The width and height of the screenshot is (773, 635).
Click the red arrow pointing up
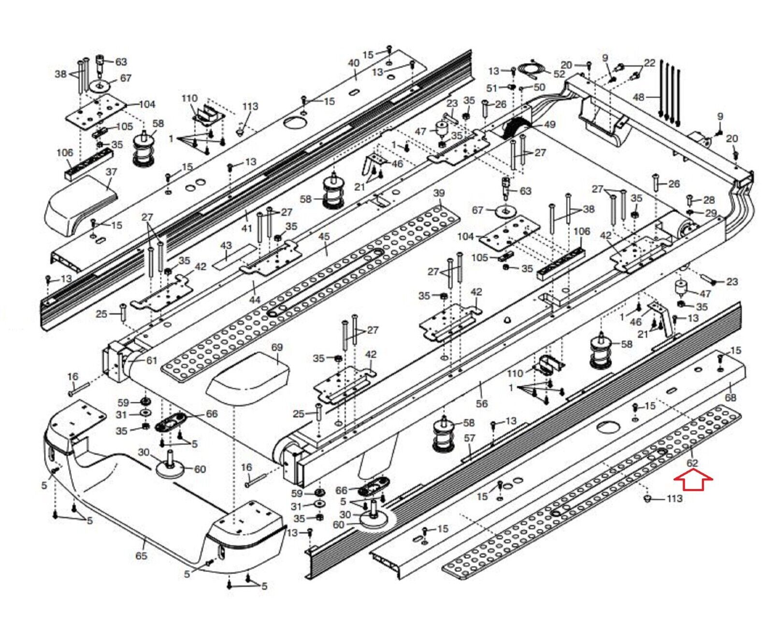tap(693, 481)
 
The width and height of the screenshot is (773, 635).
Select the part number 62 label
tap(692, 463)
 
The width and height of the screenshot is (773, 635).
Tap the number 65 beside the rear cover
tap(141, 556)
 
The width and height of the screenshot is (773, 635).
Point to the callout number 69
tap(277, 347)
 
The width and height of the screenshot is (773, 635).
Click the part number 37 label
tap(112, 172)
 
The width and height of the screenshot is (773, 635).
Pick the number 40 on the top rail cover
tap(354, 63)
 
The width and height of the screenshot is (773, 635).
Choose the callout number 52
tap(559, 74)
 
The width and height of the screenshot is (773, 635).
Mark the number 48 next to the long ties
tap(639, 97)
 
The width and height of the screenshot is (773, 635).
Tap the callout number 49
tap(550, 124)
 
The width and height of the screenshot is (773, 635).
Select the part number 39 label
tap(439, 194)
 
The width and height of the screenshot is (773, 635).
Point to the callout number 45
tap(324, 237)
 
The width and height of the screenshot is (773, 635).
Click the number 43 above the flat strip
tap(226, 246)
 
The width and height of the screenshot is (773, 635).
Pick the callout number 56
tap(482, 403)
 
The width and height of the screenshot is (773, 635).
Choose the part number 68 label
tap(730, 397)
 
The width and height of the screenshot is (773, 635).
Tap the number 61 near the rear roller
tap(152, 360)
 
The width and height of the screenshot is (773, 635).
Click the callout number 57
tap(470, 438)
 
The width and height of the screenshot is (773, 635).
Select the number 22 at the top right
tap(650, 62)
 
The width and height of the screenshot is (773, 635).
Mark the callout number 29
tap(711, 213)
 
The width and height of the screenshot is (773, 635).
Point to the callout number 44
tap(255, 300)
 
